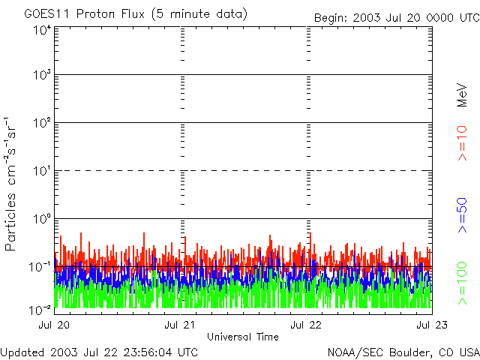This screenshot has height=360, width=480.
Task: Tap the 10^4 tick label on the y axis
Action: tap(42, 29)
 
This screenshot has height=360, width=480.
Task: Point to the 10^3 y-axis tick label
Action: tap(42, 75)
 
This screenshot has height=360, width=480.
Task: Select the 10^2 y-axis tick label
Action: tap(42, 123)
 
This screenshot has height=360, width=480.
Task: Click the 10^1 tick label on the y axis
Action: tap(42, 171)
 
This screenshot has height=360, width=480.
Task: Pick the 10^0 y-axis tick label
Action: tap(42, 219)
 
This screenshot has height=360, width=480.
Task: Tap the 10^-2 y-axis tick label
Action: tap(40, 309)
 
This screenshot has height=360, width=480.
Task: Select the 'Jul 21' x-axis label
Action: tap(180, 325)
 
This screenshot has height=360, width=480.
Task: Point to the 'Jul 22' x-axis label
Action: tap(306, 325)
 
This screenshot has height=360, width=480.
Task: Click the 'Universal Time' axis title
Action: tap(243, 337)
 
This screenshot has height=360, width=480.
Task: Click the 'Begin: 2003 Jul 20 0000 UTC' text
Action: tap(396, 17)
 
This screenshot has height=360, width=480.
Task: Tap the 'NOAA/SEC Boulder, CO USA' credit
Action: tap(403, 352)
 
